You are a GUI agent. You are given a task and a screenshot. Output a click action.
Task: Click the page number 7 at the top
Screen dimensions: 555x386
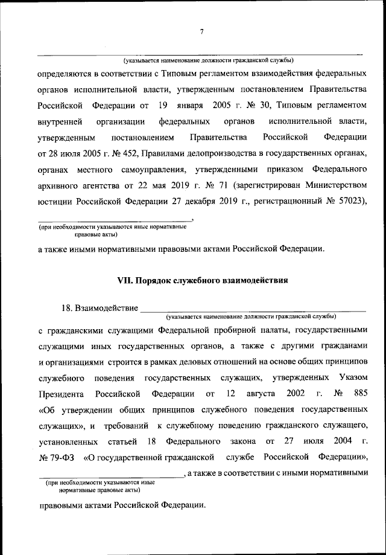pyautogui.click(x=202, y=32)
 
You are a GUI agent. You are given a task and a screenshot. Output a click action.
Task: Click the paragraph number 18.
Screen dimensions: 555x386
pyautogui.click(x=66, y=309)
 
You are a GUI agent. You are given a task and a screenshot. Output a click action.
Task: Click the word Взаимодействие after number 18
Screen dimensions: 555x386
pyautogui.click(x=105, y=309)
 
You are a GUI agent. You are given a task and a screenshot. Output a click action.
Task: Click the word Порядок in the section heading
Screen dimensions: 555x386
pyautogui.click(x=158, y=280)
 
